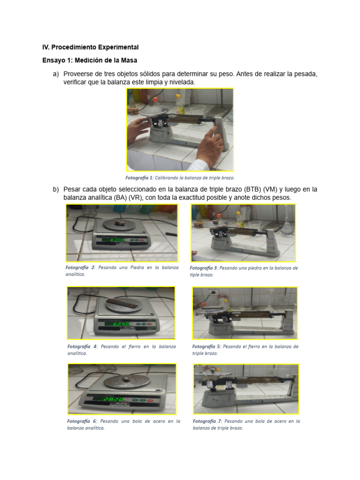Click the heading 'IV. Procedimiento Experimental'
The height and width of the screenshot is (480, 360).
(90, 47)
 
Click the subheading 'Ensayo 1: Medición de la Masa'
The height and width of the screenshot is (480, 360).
(90, 60)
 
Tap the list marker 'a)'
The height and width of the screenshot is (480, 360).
(56, 74)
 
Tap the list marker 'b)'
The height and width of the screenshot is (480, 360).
(56, 189)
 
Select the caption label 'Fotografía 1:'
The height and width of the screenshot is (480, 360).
(139, 178)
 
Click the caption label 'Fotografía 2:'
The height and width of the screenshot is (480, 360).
(81, 267)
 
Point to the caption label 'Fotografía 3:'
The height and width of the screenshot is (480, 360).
(203, 268)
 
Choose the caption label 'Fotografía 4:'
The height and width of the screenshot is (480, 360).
(82, 346)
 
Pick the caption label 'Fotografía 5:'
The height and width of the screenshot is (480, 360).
(207, 346)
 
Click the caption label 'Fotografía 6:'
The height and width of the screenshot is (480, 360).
(82, 421)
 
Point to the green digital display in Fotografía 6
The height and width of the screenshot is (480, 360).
(113, 399)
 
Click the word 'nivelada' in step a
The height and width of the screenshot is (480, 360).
(181, 82)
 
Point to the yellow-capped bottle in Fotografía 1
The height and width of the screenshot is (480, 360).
(179, 104)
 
